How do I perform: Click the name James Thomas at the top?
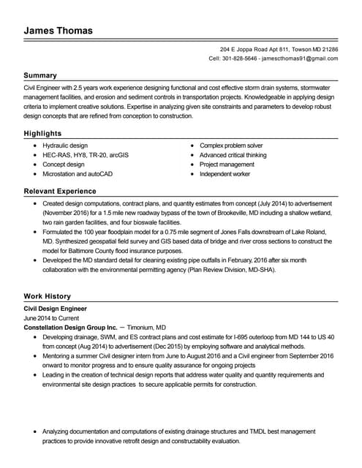click(58, 31)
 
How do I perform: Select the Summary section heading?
click(39, 75)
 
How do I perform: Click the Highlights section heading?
click(42, 134)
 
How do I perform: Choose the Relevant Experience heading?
click(60, 192)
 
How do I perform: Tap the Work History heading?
click(47, 296)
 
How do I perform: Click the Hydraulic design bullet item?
click(65, 146)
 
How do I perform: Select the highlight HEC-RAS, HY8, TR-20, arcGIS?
click(86, 155)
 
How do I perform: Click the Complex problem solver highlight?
click(231, 146)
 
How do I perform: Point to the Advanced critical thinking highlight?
click(233, 155)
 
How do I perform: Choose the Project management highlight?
click(227, 165)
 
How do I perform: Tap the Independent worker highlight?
click(225, 174)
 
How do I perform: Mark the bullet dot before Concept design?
click(35, 165)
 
